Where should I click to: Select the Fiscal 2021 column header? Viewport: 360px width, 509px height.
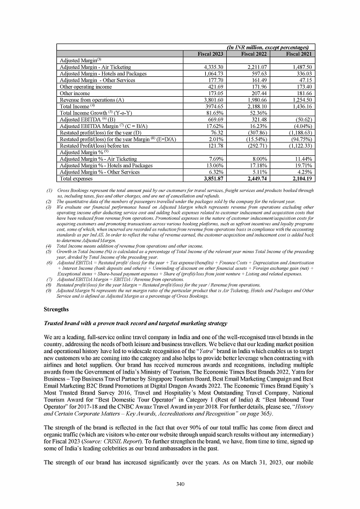[299, 54]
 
